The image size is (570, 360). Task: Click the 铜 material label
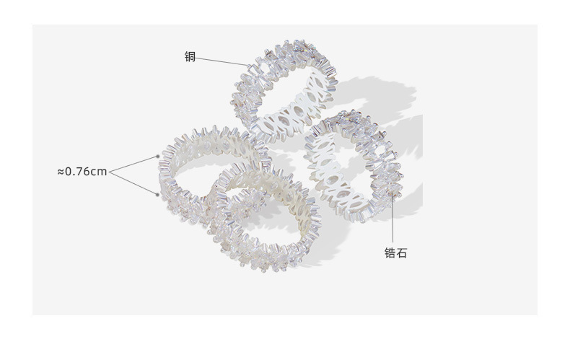(x=190, y=57)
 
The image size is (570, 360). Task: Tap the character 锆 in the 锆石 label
(x=390, y=253)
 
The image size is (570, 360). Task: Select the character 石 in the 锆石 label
(x=401, y=253)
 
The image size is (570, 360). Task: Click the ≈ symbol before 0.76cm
(x=61, y=171)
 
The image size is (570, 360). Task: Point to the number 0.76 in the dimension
(x=77, y=171)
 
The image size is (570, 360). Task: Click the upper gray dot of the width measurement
(x=157, y=157)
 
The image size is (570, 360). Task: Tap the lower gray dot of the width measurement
(x=157, y=195)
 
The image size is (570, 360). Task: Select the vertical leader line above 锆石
(x=393, y=218)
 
